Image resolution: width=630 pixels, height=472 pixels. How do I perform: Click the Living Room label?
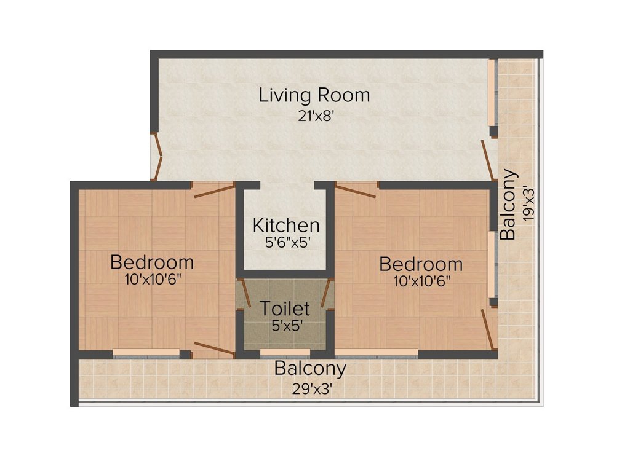pyautogui.click(x=314, y=95)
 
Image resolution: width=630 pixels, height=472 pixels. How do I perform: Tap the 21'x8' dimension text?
pyautogui.click(x=316, y=116)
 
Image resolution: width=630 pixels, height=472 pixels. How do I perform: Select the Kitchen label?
pyautogui.click(x=286, y=225)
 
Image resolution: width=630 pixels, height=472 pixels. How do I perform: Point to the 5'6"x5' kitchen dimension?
pyautogui.click(x=288, y=243)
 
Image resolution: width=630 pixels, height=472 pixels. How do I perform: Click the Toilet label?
pyautogui.click(x=285, y=309)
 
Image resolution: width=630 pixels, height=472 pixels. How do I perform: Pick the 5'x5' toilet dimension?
pyautogui.click(x=287, y=326)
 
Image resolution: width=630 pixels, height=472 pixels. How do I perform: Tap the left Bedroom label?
pyautogui.click(x=152, y=262)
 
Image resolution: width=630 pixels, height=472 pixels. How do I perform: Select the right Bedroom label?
pyautogui.click(x=421, y=264)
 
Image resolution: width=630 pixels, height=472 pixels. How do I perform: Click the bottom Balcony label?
pyautogui.click(x=310, y=369)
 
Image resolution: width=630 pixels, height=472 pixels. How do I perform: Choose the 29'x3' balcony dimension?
pyautogui.click(x=312, y=389)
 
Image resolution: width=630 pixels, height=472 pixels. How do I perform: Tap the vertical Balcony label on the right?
pyautogui.click(x=508, y=204)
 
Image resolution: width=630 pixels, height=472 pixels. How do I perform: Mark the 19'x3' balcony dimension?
pyautogui.click(x=528, y=204)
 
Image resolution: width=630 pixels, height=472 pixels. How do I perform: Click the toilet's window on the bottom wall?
pyautogui.click(x=285, y=353)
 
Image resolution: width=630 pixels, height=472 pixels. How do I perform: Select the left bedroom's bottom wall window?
pyautogui.click(x=146, y=353)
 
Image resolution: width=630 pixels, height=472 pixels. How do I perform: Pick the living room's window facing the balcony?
pyautogui.click(x=493, y=93)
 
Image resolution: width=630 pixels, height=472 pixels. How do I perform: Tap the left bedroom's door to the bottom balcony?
pyautogui.click(x=213, y=350)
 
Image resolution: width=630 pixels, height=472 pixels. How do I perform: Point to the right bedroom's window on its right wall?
pyautogui.click(x=493, y=264)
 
